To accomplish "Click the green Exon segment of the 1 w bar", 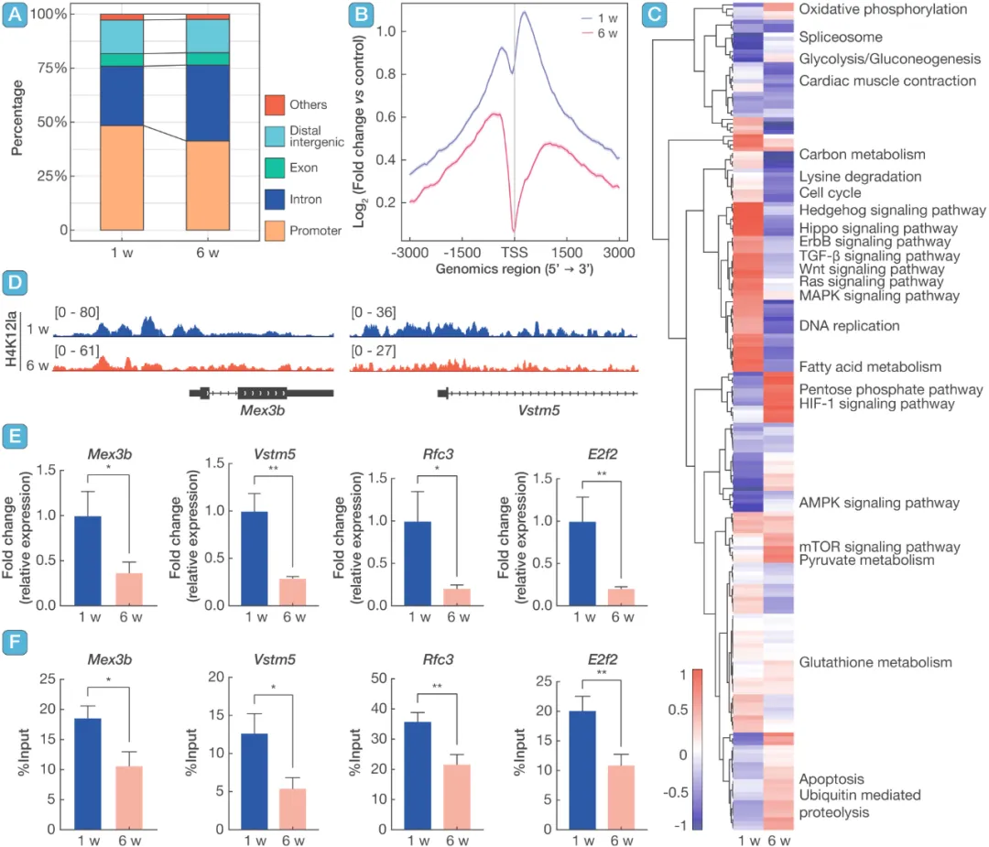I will click(121, 60).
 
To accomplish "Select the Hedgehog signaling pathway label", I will click(877, 211).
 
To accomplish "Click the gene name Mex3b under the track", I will click(262, 409).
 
